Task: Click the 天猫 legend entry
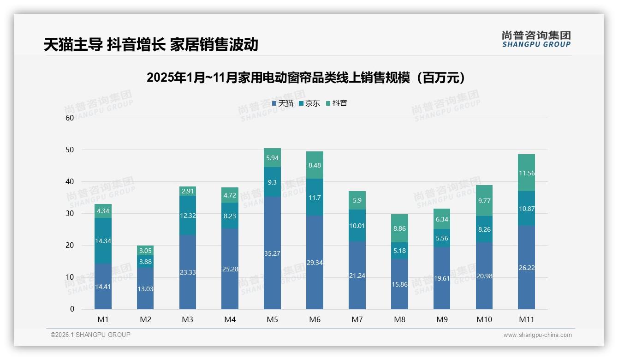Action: coord(282,103)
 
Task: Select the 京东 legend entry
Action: coord(309,103)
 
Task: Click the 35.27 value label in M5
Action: coord(272,253)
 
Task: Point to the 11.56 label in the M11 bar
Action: coord(526,174)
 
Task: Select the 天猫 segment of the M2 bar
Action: coord(145,288)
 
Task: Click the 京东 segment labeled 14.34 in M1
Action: coord(103,240)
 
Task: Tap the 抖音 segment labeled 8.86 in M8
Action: coord(399,228)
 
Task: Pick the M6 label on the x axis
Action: coord(315,319)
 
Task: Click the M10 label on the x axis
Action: coord(484,319)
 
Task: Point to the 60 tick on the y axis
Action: coord(70,118)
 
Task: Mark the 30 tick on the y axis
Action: coord(70,214)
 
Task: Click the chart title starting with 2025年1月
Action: coord(305,78)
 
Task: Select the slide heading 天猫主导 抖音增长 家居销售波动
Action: coord(151,45)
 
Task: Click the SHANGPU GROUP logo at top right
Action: coord(536,39)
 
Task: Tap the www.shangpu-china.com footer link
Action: coord(537,335)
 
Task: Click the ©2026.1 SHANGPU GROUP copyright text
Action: coord(90,335)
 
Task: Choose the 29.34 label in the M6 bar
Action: coord(315,263)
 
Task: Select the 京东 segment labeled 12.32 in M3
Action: coord(188,215)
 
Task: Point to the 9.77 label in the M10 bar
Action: coord(484,201)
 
